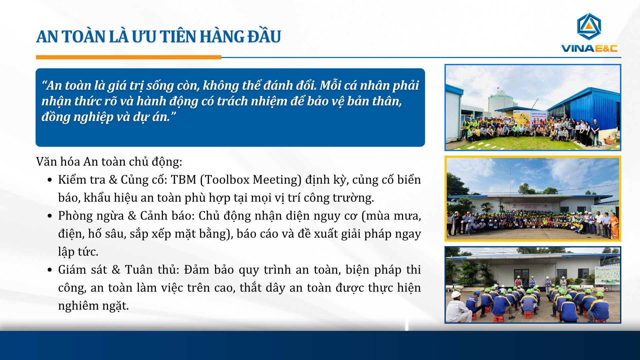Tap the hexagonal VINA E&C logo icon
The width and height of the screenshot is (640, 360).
click(589, 27)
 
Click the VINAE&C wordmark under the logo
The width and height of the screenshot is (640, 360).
click(589, 49)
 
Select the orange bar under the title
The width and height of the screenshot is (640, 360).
click(129, 57)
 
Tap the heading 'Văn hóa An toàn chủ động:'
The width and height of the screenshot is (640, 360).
click(109, 162)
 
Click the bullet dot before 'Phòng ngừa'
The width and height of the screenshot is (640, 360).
click(50, 216)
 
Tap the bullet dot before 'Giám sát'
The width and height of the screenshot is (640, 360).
click(50, 270)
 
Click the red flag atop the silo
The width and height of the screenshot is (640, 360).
click(498, 88)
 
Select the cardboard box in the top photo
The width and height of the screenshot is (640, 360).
click(610, 140)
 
